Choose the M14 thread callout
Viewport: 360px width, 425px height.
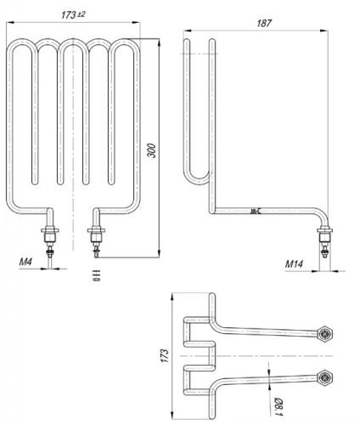tap(294, 264)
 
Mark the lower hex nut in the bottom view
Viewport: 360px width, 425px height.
tap(323, 375)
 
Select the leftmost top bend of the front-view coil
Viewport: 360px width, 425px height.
tap(23, 46)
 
